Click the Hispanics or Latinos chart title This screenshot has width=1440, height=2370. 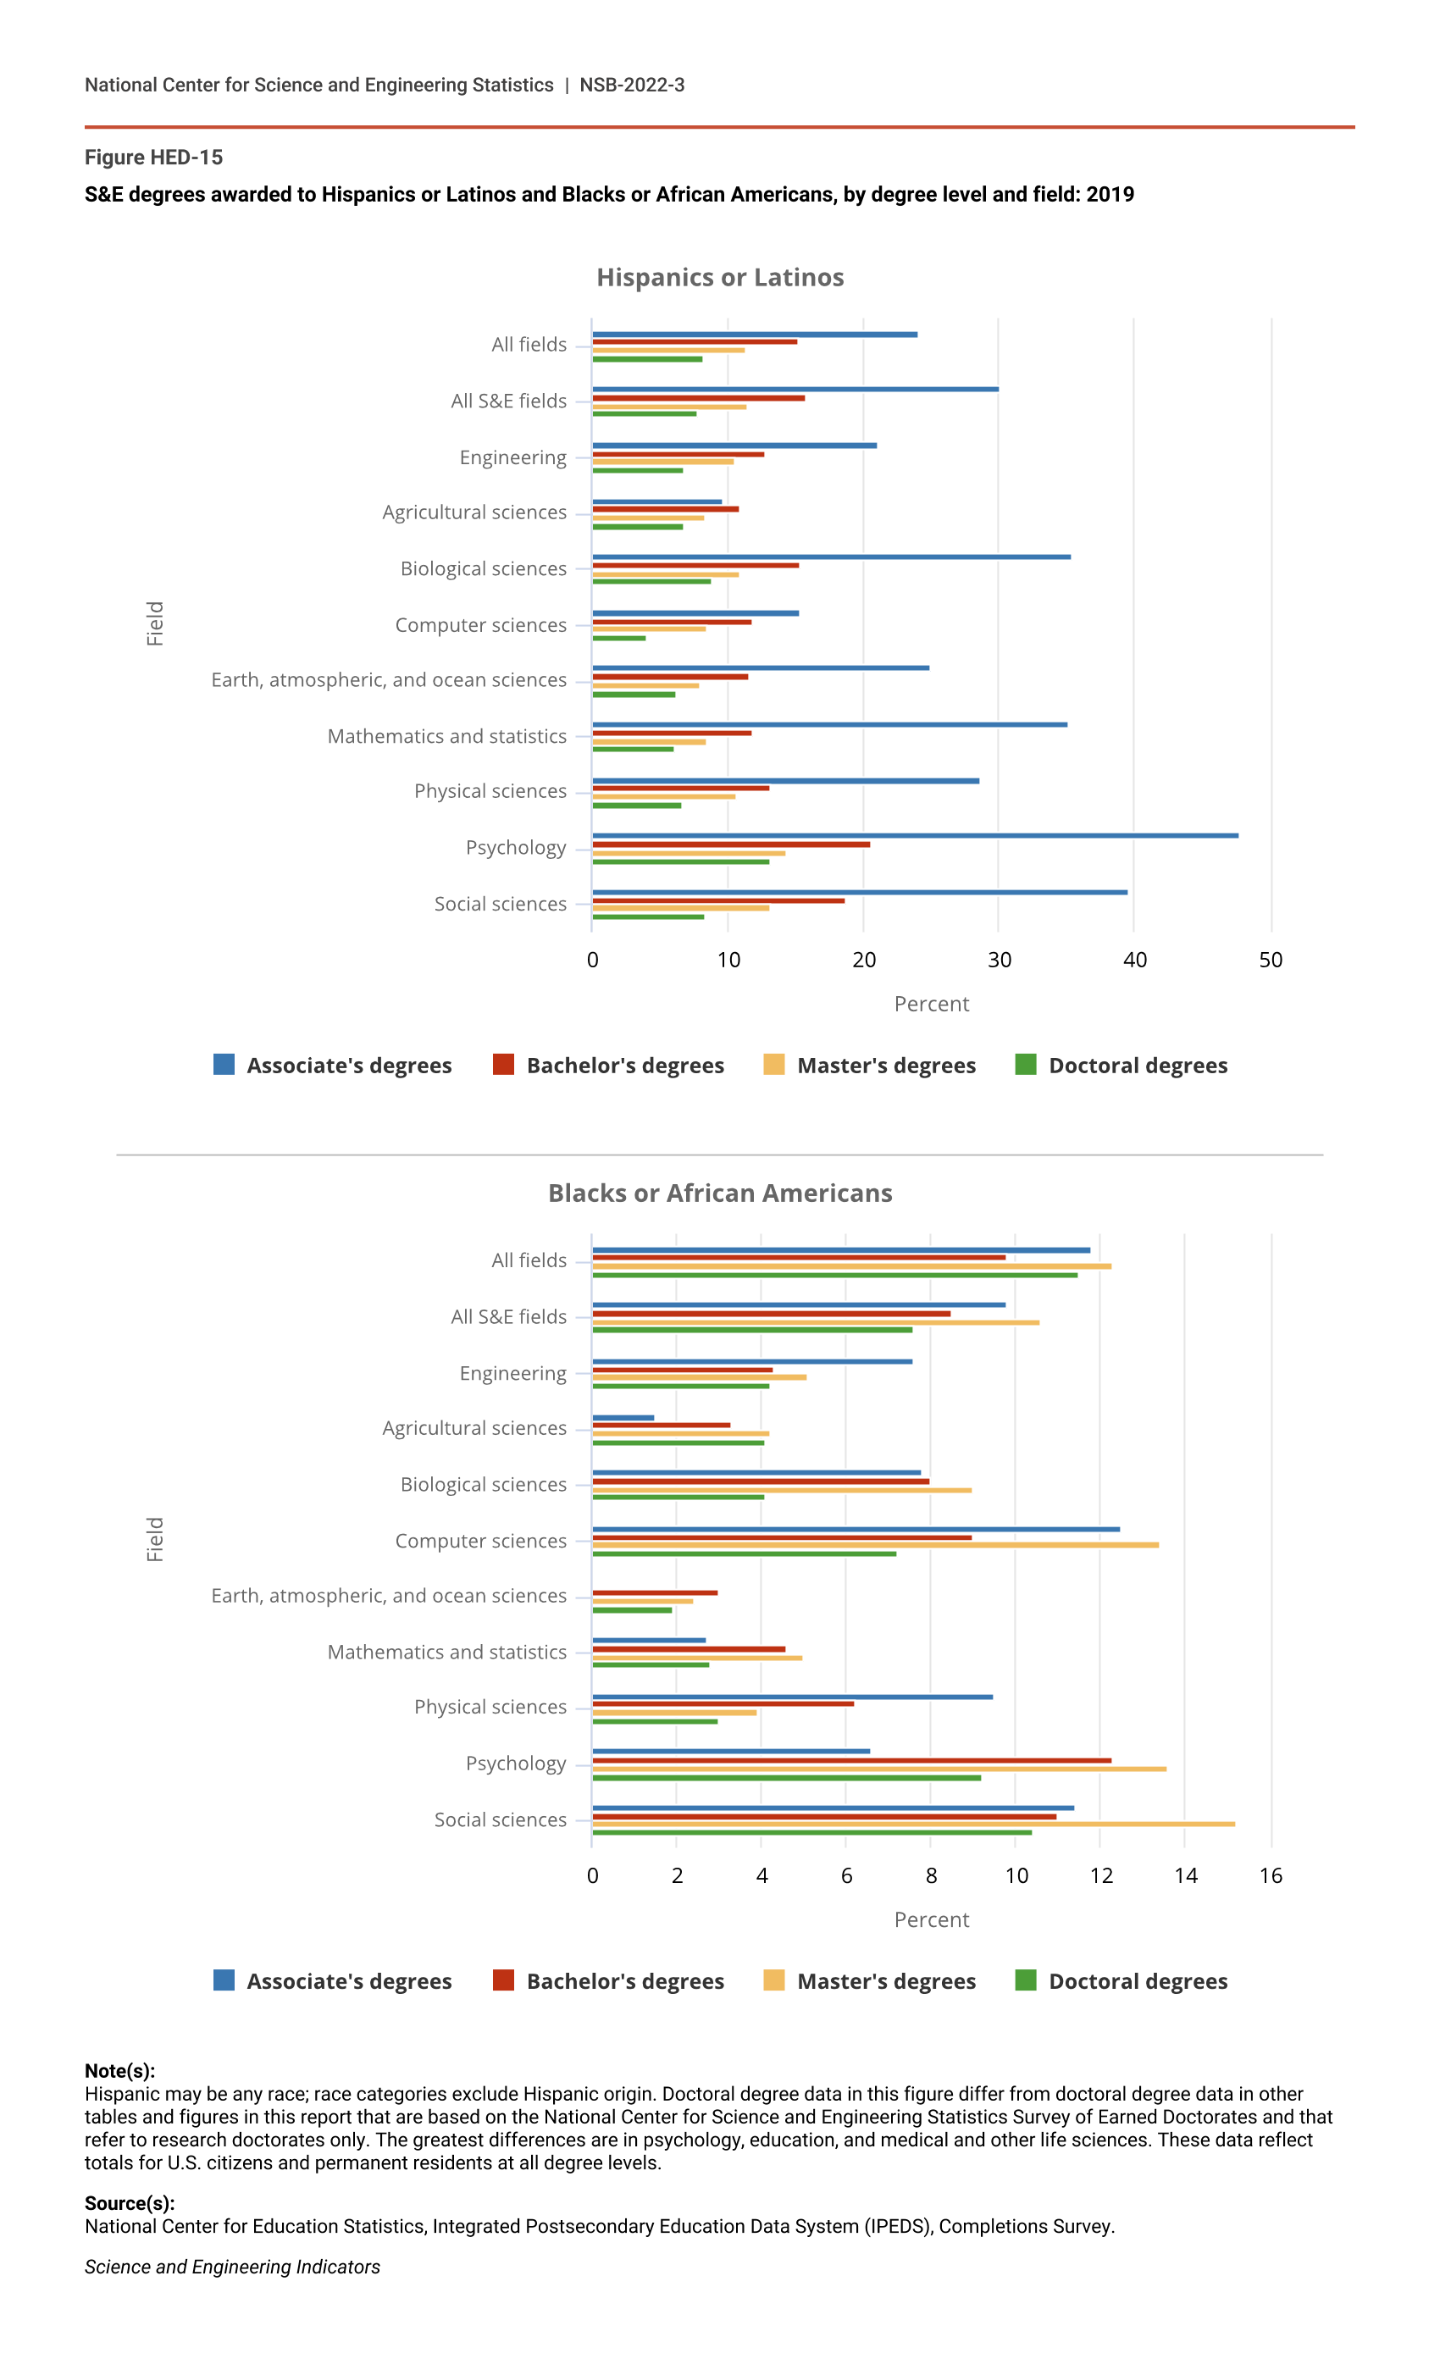[719, 278]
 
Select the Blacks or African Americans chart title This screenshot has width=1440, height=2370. [719, 1193]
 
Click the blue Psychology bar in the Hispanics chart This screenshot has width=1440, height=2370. [914, 836]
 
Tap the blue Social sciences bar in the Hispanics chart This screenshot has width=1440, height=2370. [859, 893]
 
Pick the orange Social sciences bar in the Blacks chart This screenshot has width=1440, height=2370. [913, 1825]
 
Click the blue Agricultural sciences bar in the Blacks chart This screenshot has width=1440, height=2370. [623, 1418]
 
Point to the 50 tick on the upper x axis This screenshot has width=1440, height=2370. [1270, 960]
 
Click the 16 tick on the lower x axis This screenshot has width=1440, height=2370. [1270, 1875]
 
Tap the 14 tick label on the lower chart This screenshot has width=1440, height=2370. [1185, 1875]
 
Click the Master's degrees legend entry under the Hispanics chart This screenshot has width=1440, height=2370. [885, 1066]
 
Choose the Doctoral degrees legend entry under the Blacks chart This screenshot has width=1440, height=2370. [1137, 1981]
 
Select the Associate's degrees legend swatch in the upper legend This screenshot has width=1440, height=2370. [224, 1065]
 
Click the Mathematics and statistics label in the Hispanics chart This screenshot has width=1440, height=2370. [446, 737]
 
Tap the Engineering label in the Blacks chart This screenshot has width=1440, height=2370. [512, 1374]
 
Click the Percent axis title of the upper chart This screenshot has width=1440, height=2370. [931, 1005]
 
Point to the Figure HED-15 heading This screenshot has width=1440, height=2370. [154, 158]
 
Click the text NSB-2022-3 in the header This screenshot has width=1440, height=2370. [632, 86]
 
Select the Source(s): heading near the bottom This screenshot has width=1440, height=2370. [130, 2204]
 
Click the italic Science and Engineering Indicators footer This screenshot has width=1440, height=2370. [232, 2267]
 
